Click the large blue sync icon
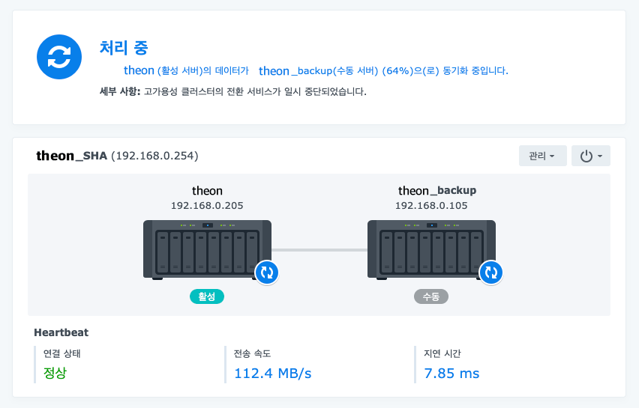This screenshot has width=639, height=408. coord(58,56)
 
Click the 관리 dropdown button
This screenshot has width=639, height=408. coord(542,156)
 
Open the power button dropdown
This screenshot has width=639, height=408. coord(590,156)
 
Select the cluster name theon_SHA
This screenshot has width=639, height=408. coord(72,156)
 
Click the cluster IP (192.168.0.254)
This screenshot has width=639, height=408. coord(154,156)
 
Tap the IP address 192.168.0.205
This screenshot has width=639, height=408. coord(207,205)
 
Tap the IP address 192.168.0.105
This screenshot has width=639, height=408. coord(431,205)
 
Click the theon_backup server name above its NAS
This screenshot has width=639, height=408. coord(437,191)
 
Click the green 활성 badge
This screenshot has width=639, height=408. coord(207,296)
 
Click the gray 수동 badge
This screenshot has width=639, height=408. coord(431,296)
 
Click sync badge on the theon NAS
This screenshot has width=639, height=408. coord(267,272)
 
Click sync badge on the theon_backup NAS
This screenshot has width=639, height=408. coord(491,272)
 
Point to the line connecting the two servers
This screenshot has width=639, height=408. coord(319,250)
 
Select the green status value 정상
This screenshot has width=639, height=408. coord(55,373)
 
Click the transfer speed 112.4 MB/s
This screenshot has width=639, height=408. coord(273,373)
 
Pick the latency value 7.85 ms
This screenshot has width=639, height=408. coord(451,373)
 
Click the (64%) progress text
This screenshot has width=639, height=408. coord(397,71)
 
